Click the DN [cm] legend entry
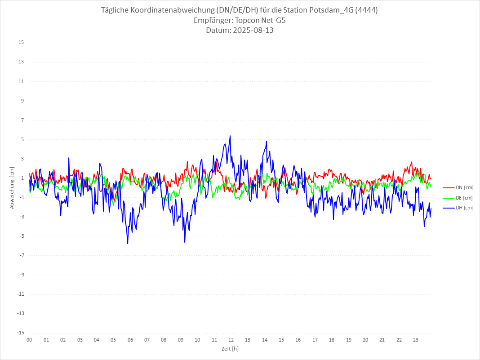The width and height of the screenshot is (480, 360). click(x=463, y=187)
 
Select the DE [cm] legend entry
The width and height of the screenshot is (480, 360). click(x=463, y=198)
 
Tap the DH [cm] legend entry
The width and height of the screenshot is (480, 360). click(x=463, y=208)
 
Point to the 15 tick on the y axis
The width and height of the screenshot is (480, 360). click(x=21, y=43)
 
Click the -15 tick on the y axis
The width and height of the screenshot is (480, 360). click(x=20, y=333)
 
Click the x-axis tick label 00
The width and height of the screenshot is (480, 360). click(x=29, y=340)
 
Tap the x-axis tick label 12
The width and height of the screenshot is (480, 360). click(x=231, y=340)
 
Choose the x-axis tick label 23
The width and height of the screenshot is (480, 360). click(x=416, y=340)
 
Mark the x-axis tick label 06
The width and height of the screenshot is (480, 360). click(x=130, y=340)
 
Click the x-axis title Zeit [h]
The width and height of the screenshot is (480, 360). click(x=230, y=348)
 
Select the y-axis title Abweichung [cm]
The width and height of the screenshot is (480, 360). click(x=12, y=188)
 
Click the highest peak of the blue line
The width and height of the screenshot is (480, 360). click(x=230, y=136)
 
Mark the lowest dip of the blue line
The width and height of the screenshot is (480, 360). click(x=128, y=244)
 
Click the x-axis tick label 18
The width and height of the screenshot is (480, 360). click(x=332, y=340)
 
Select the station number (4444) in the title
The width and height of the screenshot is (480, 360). click(x=367, y=10)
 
